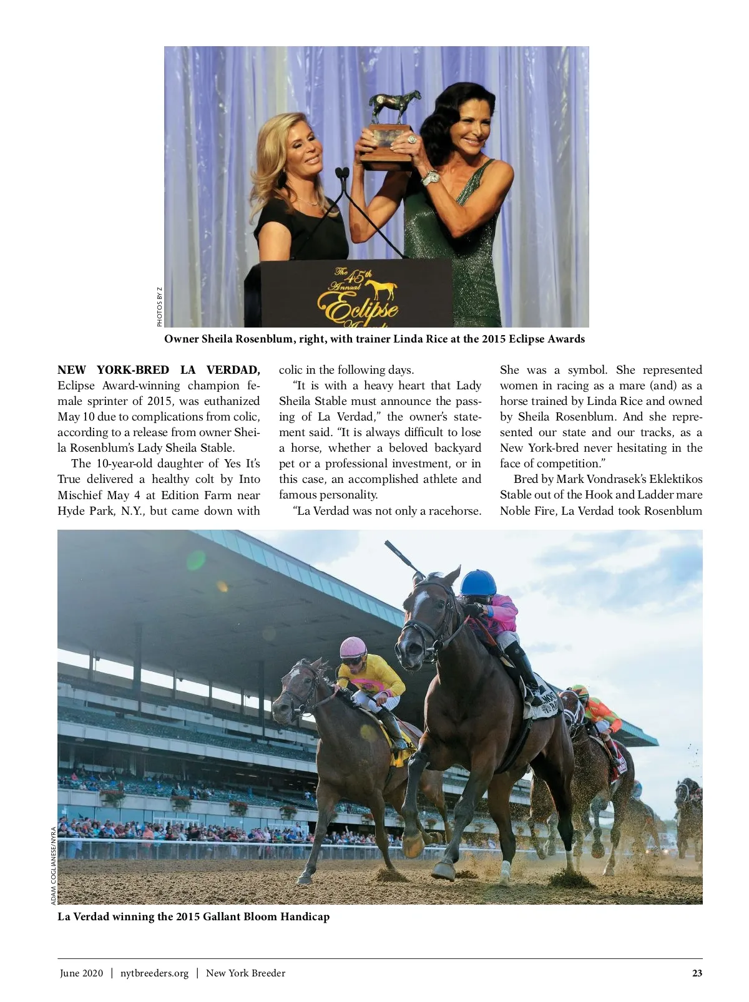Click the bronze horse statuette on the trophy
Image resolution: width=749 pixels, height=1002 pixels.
[394, 107]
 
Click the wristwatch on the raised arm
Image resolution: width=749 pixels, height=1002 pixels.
[430, 178]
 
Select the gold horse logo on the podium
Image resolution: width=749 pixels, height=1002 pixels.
[382, 289]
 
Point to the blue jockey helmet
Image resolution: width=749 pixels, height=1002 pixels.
[478, 582]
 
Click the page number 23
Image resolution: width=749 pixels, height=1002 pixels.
[697, 973]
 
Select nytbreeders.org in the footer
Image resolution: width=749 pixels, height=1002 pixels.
[154, 973]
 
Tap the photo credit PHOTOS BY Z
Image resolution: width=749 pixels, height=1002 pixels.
[160, 306]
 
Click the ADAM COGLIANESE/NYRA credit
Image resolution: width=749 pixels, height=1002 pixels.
[54, 865]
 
